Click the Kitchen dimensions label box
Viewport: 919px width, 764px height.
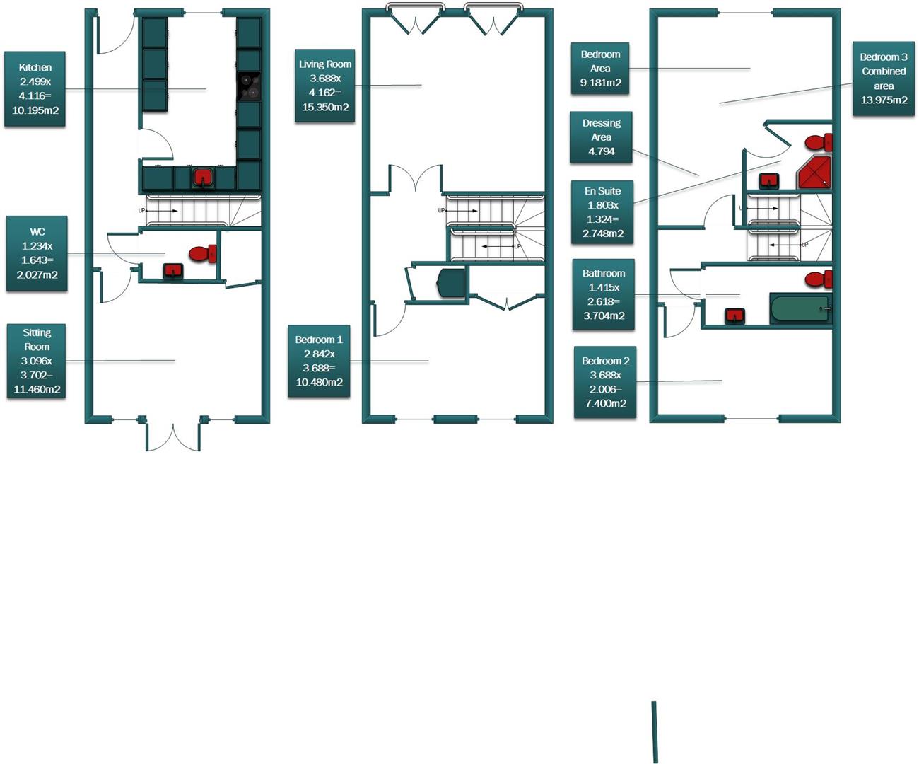[x=35, y=89]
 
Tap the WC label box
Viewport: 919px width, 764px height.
[x=37, y=253]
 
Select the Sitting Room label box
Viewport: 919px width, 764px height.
[x=37, y=361]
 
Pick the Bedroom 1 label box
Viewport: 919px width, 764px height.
[x=319, y=361]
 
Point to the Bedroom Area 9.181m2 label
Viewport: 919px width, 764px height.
[x=600, y=69]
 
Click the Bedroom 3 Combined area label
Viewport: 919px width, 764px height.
[x=884, y=79]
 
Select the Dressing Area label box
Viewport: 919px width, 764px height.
[x=602, y=137]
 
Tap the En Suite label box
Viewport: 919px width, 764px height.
[x=602, y=212]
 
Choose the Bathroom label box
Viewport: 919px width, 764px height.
[x=604, y=294]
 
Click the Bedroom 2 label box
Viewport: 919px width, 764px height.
[x=605, y=382]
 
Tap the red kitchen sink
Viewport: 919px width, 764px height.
[x=204, y=177]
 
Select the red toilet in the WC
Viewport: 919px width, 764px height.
[x=203, y=253]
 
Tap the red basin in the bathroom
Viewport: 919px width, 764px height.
[x=736, y=315]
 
